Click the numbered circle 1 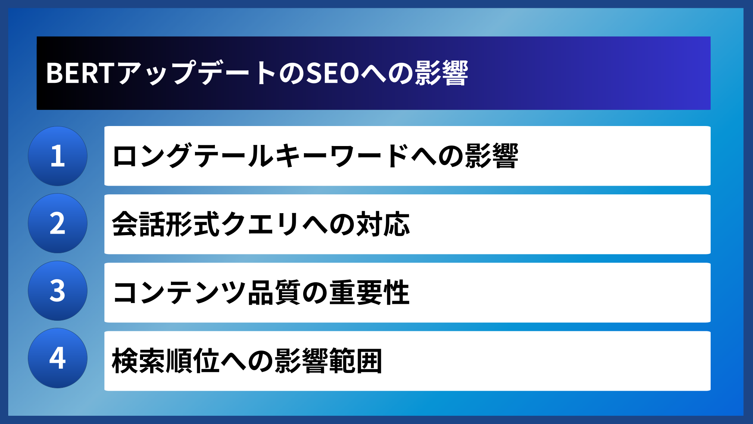click(x=58, y=156)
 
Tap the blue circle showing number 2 click(x=58, y=223)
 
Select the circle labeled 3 click(x=58, y=291)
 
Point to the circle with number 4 click(x=58, y=358)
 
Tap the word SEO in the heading click(x=333, y=73)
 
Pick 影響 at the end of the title click(x=442, y=73)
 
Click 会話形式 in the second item click(x=166, y=224)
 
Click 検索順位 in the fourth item click(x=166, y=361)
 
